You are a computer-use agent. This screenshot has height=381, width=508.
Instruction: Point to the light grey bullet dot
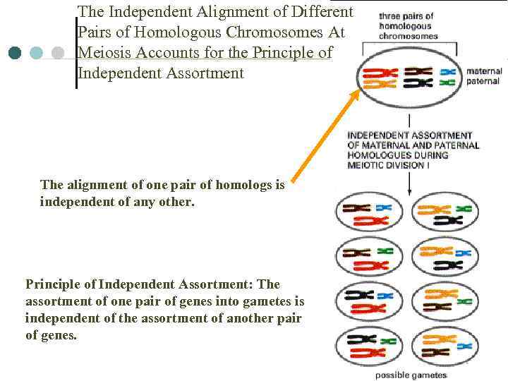(58, 53)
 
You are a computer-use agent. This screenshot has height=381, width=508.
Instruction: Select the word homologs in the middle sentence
(248, 185)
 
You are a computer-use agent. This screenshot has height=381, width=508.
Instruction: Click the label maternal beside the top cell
(484, 71)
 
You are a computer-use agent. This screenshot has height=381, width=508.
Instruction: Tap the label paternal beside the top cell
(484, 81)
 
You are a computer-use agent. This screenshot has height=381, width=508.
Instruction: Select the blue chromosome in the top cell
(447, 71)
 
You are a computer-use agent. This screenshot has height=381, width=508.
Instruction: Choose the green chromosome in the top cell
(447, 83)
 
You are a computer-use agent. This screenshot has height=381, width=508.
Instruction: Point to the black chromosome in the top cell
(418, 71)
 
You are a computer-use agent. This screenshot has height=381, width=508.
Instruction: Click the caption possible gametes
(411, 375)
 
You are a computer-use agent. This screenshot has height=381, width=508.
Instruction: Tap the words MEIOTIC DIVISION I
(387, 165)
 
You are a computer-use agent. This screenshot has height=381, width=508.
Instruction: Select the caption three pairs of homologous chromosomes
(408, 26)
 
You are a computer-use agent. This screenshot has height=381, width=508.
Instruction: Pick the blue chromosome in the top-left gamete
(384, 208)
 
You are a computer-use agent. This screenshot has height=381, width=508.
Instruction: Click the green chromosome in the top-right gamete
(463, 209)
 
